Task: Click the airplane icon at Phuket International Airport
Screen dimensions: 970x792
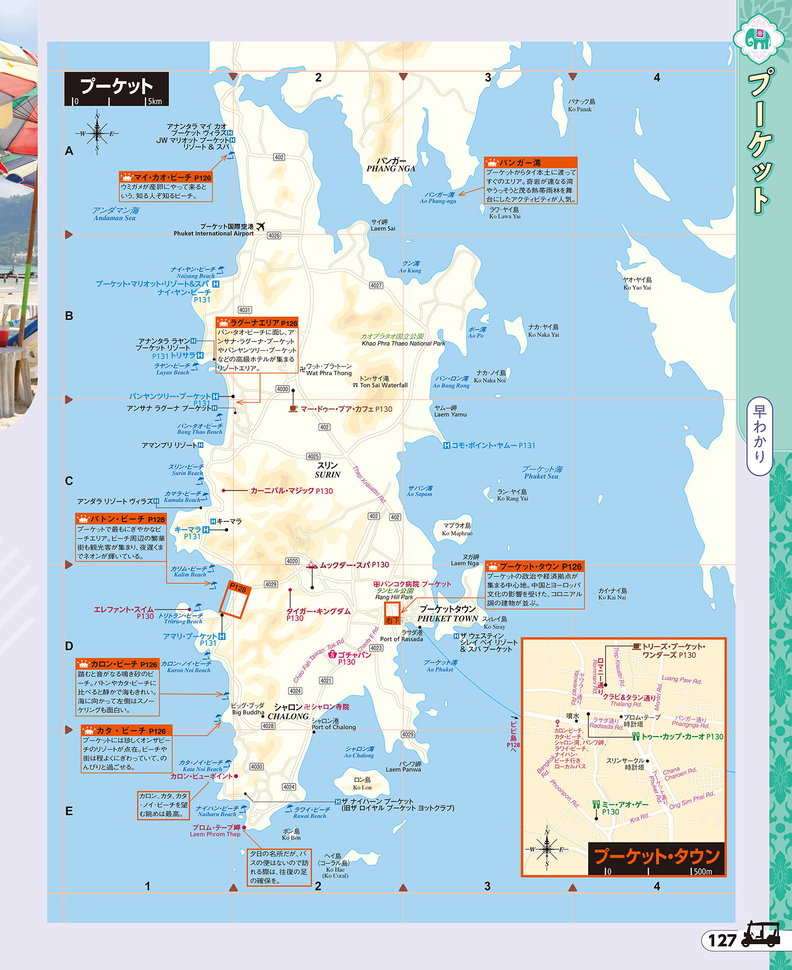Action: [x=260, y=226]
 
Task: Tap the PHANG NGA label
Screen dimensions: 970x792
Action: [x=391, y=165]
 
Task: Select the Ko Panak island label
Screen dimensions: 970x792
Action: [x=580, y=106]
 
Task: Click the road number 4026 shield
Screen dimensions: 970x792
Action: [x=274, y=235]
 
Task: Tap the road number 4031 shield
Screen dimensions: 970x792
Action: [x=244, y=310]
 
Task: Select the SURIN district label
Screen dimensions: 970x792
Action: [x=328, y=470]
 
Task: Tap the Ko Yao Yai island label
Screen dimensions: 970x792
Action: [x=637, y=284]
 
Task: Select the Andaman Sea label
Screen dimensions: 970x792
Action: [x=115, y=214]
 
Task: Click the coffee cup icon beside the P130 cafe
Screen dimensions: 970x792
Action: [x=293, y=409]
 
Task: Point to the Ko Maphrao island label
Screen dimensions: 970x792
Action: [x=457, y=529]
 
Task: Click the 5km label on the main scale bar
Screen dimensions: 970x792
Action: [x=155, y=101]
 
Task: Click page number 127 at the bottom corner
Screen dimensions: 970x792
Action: [x=722, y=940]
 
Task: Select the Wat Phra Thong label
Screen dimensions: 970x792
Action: [x=329, y=370]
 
